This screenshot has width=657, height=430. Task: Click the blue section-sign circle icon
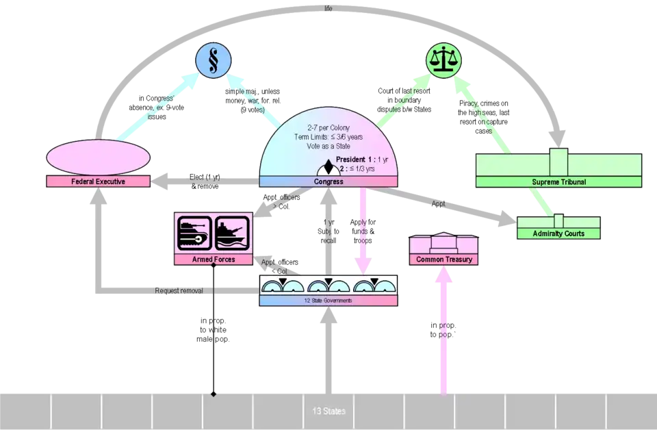click(x=214, y=60)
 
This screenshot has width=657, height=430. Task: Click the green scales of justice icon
click(x=443, y=60)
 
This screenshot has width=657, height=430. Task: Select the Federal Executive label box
click(x=98, y=181)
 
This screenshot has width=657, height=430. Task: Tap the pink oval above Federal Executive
click(x=98, y=157)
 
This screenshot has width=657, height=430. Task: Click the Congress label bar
click(x=328, y=181)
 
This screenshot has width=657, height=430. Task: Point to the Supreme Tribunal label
click(x=559, y=182)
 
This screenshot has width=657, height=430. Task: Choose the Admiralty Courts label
click(x=558, y=233)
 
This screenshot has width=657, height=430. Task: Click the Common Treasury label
click(x=443, y=260)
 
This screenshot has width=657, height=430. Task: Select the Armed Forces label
click(x=214, y=260)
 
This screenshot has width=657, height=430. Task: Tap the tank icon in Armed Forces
click(x=194, y=233)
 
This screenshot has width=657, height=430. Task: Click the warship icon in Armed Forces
click(x=232, y=233)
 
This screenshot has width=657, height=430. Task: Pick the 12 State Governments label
click(x=328, y=301)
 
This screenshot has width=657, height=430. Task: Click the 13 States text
click(x=329, y=411)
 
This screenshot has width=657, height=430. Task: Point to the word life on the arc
click(x=328, y=8)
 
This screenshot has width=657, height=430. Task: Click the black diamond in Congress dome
click(x=328, y=166)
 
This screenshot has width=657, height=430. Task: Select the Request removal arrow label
click(x=179, y=290)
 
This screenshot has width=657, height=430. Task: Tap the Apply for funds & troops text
click(x=363, y=231)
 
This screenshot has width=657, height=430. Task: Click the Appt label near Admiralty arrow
click(x=438, y=203)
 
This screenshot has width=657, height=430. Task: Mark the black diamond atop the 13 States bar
click(x=214, y=394)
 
